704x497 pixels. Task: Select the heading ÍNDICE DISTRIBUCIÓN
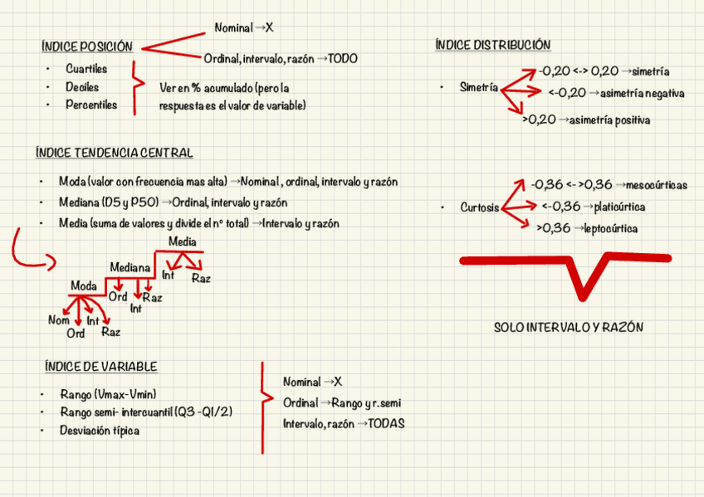492,45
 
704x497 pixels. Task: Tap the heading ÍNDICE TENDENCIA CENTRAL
114,153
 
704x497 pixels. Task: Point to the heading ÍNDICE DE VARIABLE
100,367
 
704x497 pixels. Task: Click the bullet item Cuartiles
86,69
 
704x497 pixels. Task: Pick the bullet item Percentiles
91,105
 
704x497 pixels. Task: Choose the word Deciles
82,87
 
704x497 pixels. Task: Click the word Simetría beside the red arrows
479,87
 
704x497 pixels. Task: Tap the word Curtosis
480,207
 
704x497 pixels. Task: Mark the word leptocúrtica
611,228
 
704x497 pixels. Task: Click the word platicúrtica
614,207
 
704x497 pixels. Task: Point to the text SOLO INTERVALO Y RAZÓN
568,328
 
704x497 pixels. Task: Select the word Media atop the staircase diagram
182,241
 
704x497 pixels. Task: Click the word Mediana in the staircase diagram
130,267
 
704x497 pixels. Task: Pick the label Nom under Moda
58,320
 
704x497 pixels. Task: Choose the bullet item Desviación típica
99,431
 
